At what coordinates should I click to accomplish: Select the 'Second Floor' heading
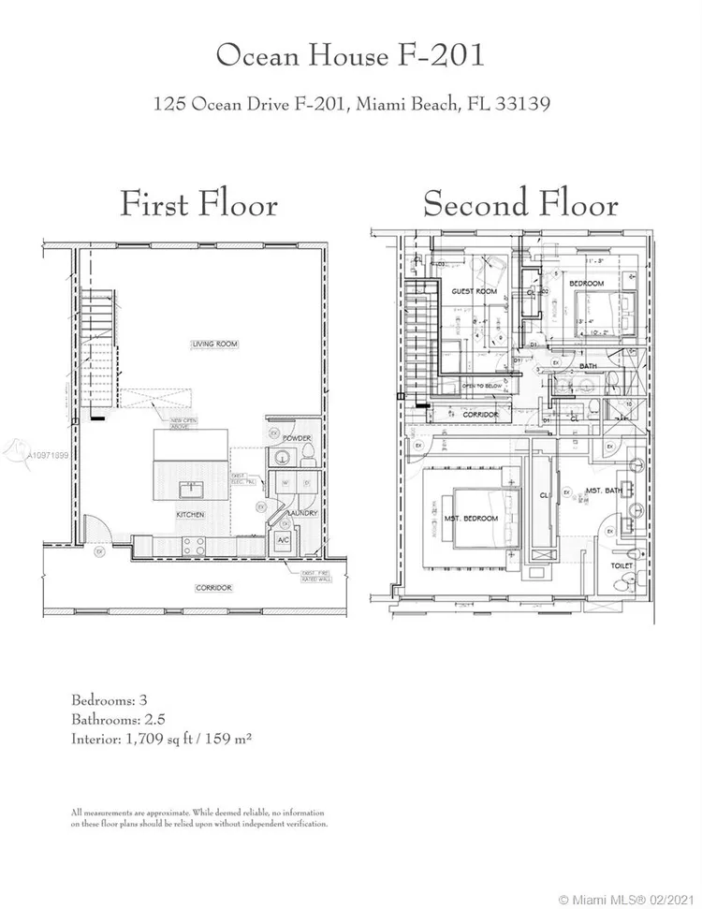(x=520, y=203)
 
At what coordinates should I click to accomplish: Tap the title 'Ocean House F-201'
(x=350, y=55)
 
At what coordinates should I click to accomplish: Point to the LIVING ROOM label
(x=215, y=345)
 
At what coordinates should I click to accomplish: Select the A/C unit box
(x=282, y=541)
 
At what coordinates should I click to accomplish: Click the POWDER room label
(x=297, y=438)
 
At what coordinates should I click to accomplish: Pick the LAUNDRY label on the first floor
(x=303, y=513)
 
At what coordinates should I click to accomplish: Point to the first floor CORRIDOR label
(x=213, y=587)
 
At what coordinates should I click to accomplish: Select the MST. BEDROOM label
(x=472, y=519)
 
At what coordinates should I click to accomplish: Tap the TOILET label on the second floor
(x=620, y=565)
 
